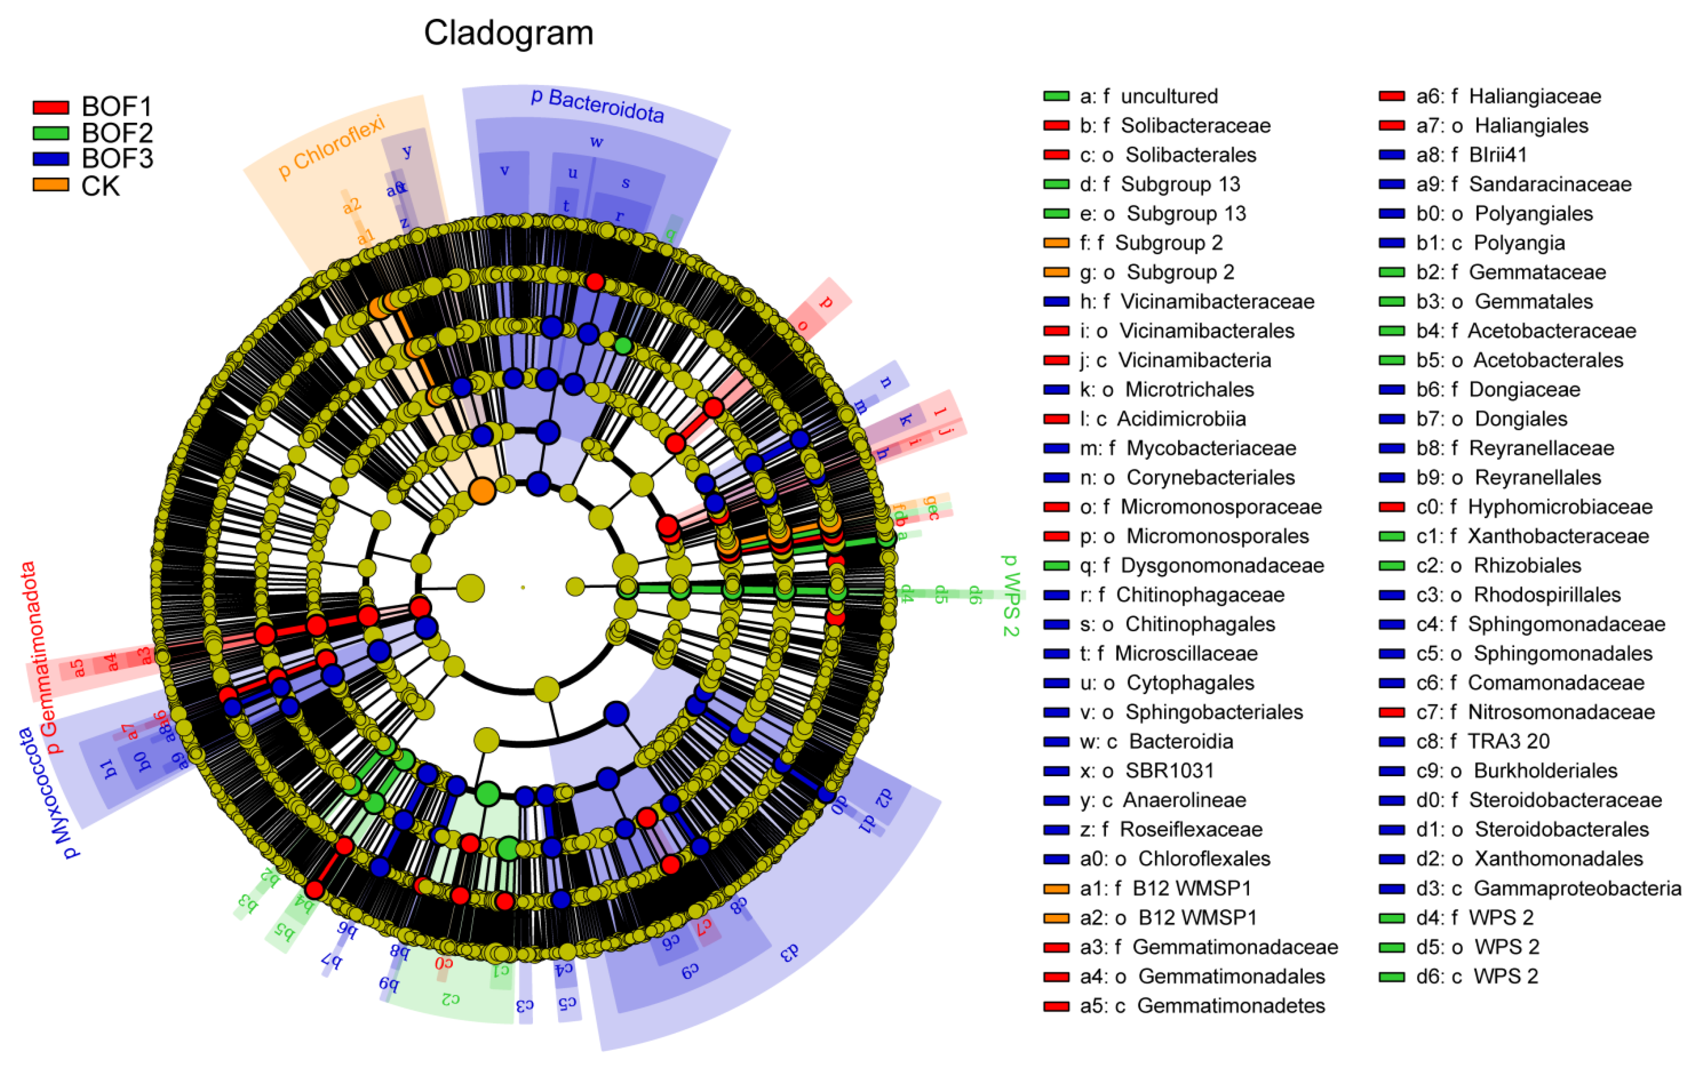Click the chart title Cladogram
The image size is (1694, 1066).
tap(509, 33)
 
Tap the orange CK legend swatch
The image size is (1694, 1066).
tap(51, 186)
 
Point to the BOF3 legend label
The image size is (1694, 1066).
tap(117, 159)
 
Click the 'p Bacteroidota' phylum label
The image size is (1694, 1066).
tap(597, 106)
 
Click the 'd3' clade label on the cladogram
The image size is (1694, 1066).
tap(791, 953)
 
